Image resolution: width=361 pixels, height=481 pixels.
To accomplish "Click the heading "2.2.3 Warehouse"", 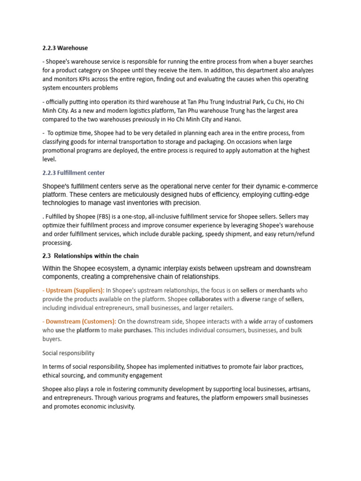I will [x=65, y=48].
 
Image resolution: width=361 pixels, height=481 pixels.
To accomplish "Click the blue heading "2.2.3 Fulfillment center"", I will [x=73, y=173].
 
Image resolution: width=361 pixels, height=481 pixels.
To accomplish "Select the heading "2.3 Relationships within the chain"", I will [x=90, y=256].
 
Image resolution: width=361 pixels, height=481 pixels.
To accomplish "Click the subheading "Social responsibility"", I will [x=68, y=353].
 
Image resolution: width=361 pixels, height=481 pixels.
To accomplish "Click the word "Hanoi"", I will [x=230, y=119].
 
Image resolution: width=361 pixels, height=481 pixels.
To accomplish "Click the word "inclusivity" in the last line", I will [x=119, y=407].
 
